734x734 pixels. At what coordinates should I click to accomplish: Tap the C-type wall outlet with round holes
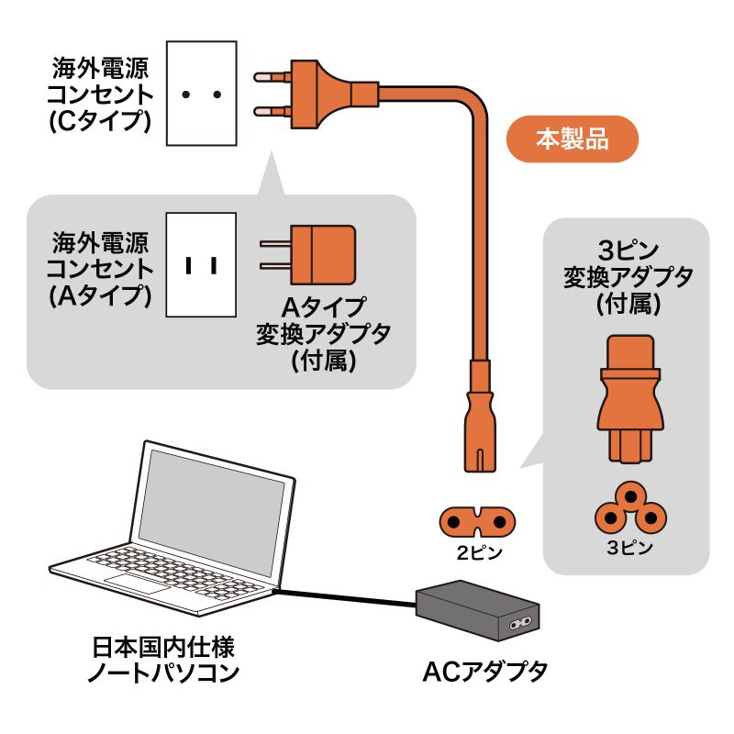(201, 93)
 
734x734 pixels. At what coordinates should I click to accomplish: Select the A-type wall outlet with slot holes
(201, 265)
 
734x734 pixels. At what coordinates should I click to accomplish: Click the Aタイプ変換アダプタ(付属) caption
(322, 332)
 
